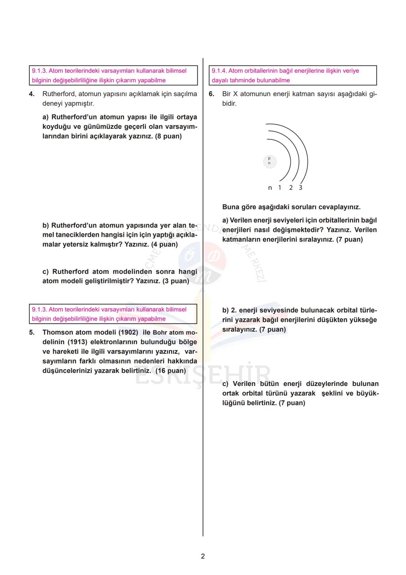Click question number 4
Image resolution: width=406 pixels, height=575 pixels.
(32, 94)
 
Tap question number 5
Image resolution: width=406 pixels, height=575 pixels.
(32, 332)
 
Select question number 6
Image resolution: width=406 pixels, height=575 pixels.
(212, 94)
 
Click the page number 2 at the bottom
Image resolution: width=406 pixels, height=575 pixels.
(203, 556)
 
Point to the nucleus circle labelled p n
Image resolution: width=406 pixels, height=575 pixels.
(269, 161)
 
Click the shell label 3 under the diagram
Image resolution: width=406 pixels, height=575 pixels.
(300, 188)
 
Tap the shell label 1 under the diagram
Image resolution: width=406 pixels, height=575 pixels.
(279, 188)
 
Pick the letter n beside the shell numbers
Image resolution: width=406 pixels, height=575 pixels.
(270, 188)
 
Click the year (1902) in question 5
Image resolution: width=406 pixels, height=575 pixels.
(128, 332)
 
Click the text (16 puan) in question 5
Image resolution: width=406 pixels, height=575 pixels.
(171, 371)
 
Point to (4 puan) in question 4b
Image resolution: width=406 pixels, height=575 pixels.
(164, 244)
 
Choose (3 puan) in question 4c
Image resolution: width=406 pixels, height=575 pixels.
(176, 281)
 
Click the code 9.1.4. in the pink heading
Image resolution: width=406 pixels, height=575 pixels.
(219, 71)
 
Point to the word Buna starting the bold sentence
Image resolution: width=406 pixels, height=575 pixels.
(231, 207)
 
